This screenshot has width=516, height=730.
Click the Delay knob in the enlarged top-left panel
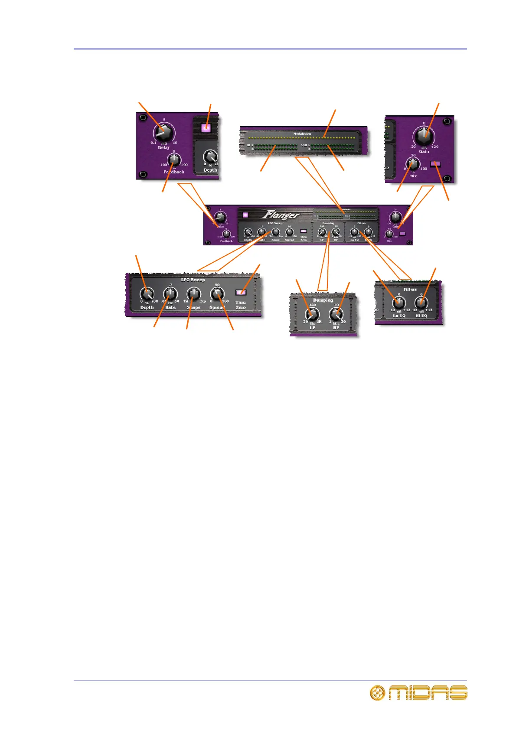[x=163, y=131]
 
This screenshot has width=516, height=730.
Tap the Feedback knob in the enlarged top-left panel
[x=174, y=160]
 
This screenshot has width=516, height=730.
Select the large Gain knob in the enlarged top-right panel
[x=424, y=136]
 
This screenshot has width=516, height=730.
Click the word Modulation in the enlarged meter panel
[x=302, y=134]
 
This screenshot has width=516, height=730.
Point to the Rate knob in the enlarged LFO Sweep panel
[x=170, y=295]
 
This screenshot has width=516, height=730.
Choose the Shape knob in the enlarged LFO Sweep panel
[x=193, y=295]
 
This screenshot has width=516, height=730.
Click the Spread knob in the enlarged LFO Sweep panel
[x=217, y=294]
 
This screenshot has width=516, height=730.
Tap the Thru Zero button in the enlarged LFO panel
[x=241, y=292]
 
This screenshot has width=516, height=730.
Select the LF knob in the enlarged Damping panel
[x=312, y=314]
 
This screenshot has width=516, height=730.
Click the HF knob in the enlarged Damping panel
[x=336, y=314]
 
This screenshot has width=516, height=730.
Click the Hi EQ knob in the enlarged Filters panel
[x=421, y=303]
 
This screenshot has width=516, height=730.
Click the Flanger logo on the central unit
[x=280, y=215]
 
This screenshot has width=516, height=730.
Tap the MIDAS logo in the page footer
[x=418, y=693]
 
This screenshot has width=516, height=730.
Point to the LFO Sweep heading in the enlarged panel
[x=193, y=280]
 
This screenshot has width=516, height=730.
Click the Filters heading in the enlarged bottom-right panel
[x=410, y=289]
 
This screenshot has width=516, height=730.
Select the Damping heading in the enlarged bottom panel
[x=323, y=300]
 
